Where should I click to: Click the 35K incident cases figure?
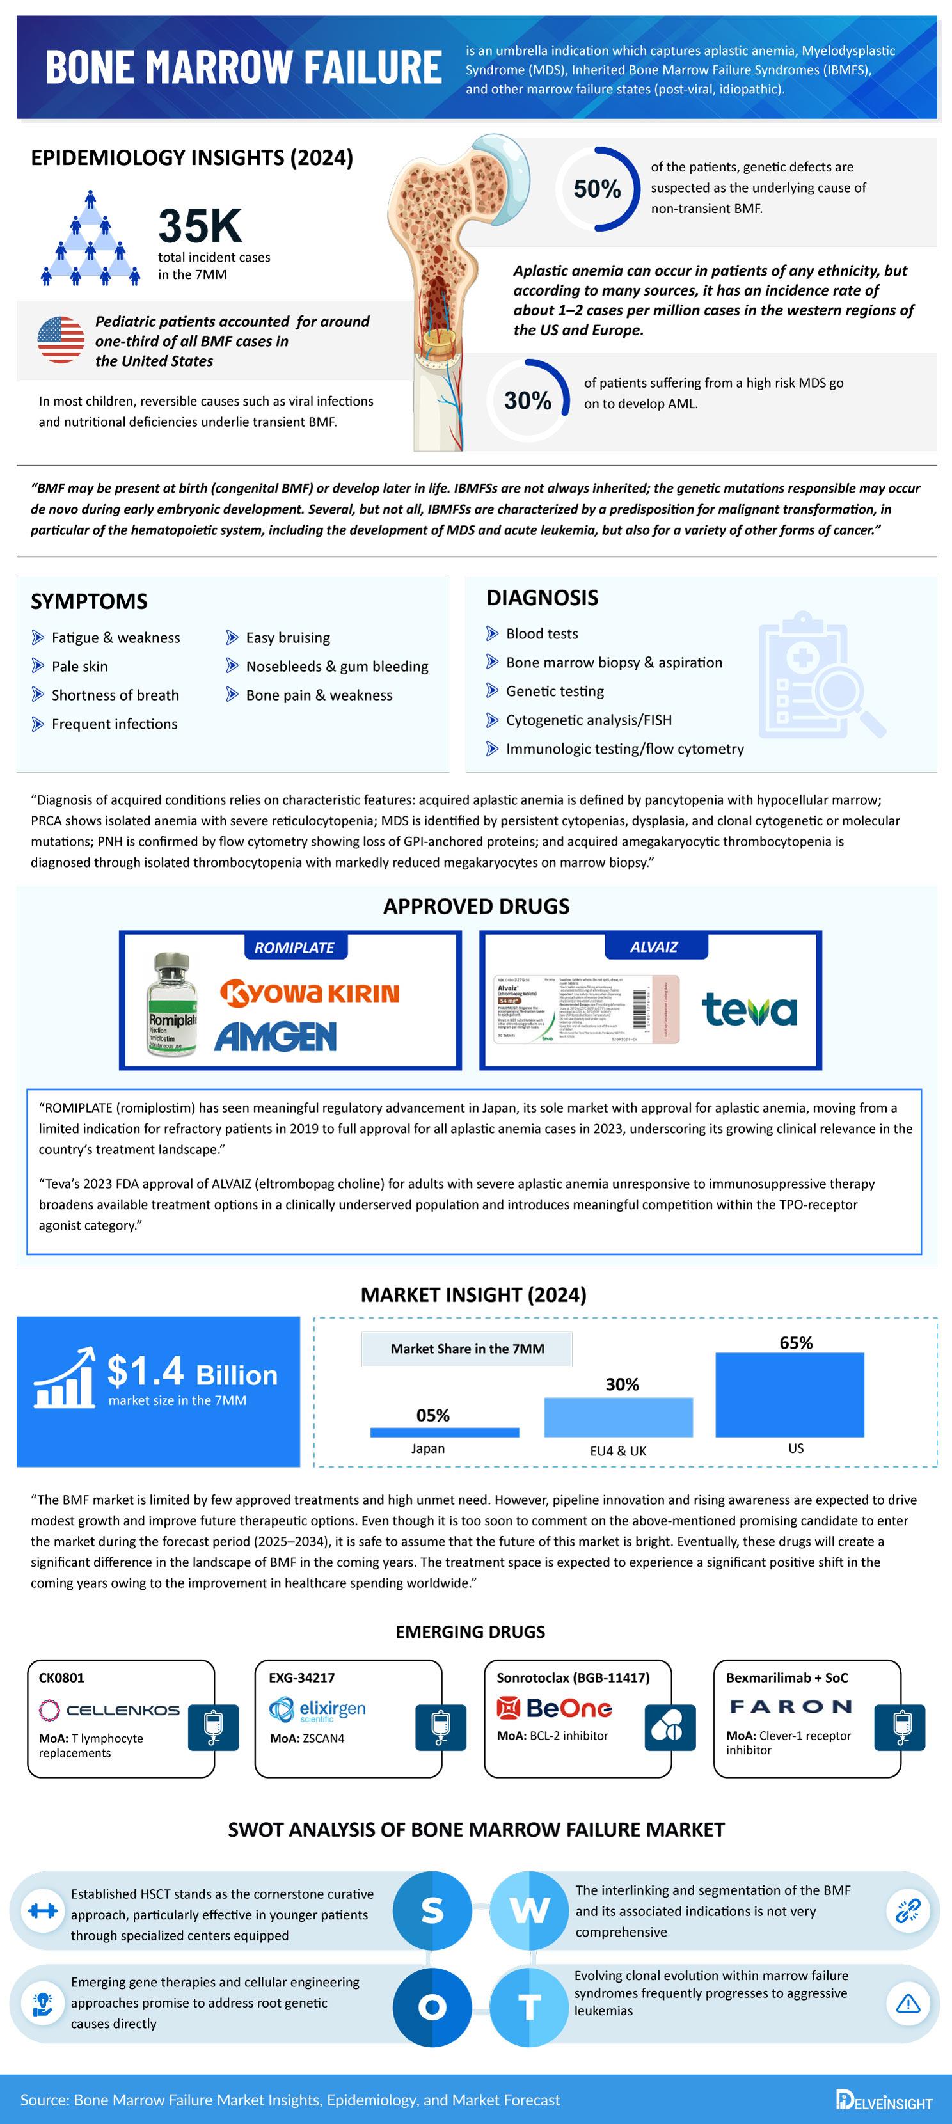tap(200, 226)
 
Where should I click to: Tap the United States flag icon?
tap(60, 340)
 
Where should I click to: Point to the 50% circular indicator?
tap(597, 189)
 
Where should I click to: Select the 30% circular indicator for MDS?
tap(528, 400)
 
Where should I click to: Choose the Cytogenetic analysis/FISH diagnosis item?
tap(589, 720)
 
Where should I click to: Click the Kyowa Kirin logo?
tap(310, 993)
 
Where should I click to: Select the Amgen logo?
tap(275, 1036)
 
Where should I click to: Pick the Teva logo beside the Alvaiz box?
tap(749, 1010)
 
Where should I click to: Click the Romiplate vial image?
tap(172, 1005)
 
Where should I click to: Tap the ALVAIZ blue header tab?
tap(654, 947)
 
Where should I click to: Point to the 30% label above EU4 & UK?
tap(621, 1384)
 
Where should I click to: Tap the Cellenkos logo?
tap(109, 1710)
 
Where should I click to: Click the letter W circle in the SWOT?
tap(528, 1910)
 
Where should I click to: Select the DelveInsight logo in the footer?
tap(884, 2101)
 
